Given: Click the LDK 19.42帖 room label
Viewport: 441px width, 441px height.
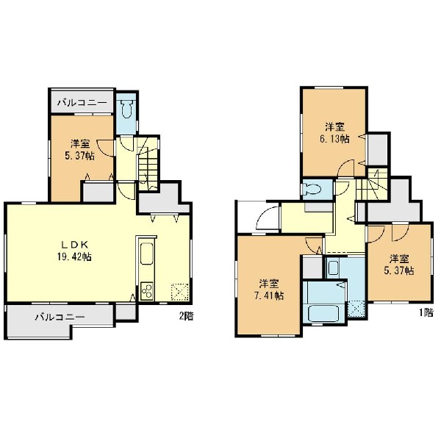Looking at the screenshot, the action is pyautogui.click(x=74, y=251).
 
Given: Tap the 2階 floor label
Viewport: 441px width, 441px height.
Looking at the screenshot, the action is pyautogui.click(x=187, y=316).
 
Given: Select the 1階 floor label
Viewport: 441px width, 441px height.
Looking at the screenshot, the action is pyautogui.click(x=426, y=313).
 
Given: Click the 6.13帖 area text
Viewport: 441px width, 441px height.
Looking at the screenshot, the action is pyautogui.click(x=334, y=139).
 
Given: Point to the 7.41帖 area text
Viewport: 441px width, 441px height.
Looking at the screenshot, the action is pyautogui.click(x=269, y=296).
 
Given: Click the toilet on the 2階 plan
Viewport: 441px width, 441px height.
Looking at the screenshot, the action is pyautogui.click(x=127, y=109).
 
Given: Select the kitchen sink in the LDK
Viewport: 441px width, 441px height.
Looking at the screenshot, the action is pyautogui.click(x=146, y=254).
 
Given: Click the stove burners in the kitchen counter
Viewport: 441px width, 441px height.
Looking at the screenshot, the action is pyautogui.click(x=146, y=291).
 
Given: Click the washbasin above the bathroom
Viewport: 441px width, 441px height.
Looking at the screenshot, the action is pyautogui.click(x=333, y=268).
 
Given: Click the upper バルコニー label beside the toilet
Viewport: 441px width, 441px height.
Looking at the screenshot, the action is pyautogui.click(x=82, y=103).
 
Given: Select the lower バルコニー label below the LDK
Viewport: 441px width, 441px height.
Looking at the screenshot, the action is pyautogui.click(x=60, y=318).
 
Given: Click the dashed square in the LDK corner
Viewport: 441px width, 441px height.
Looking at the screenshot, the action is pyautogui.click(x=180, y=292).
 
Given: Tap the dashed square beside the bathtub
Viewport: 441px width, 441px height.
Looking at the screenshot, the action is pyautogui.click(x=356, y=309).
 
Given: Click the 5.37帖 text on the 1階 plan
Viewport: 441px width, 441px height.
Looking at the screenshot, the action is pyautogui.click(x=399, y=270).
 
